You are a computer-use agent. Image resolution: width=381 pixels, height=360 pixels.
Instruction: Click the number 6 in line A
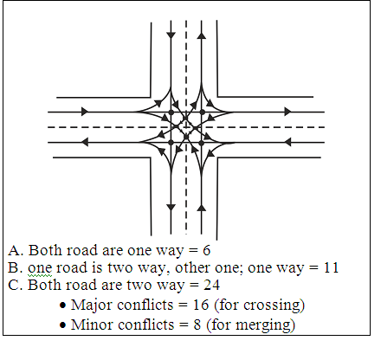(x=206, y=250)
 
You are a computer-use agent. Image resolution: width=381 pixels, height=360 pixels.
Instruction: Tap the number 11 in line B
(x=331, y=267)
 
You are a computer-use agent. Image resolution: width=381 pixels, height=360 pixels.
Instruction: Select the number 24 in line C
(x=212, y=285)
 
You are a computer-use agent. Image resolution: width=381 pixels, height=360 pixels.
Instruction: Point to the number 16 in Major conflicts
(x=201, y=305)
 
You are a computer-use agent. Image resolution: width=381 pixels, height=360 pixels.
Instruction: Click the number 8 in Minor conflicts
(x=197, y=325)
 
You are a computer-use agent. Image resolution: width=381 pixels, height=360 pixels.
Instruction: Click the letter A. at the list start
(x=16, y=250)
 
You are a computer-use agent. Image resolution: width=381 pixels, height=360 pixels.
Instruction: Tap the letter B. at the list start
(x=16, y=267)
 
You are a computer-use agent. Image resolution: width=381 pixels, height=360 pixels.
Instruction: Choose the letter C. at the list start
(x=16, y=285)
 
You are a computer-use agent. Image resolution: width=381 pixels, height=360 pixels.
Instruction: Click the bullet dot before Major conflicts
(x=62, y=305)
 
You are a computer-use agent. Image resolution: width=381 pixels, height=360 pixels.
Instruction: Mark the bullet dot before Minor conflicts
(x=62, y=325)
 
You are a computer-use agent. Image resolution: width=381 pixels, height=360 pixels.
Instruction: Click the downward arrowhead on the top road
(x=171, y=35)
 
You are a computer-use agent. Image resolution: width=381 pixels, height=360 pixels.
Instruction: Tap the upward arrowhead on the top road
(x=202, y=35)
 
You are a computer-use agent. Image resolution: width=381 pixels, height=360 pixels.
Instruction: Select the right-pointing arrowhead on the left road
(x=85, y=112)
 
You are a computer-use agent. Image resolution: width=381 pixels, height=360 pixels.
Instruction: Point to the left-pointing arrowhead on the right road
(x=287, y=142)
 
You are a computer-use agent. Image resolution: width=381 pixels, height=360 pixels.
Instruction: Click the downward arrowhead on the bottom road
(x=171, y=207)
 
